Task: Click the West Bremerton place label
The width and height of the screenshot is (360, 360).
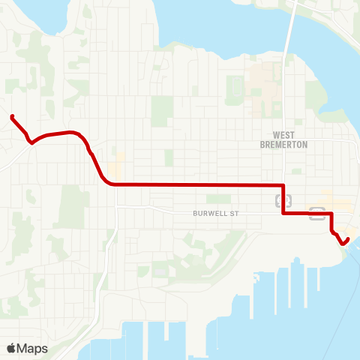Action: pos(283,140)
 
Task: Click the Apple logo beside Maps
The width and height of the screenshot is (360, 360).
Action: pos(11,348)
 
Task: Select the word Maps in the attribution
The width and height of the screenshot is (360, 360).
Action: pos(32,348)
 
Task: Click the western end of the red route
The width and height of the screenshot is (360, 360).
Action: pos(13,116)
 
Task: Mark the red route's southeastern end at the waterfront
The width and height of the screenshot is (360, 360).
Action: pos(348,239)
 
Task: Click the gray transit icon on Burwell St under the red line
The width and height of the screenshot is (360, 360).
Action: pos(317,214)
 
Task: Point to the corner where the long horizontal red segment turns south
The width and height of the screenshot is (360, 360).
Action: pos(283,184)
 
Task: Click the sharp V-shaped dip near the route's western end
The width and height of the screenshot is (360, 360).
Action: pos(31,141)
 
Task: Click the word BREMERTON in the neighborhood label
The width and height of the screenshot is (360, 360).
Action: pos(283,145)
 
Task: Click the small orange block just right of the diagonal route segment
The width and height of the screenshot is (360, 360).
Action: pos(117,166)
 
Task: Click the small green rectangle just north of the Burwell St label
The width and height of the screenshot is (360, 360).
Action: pos(218,199)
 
